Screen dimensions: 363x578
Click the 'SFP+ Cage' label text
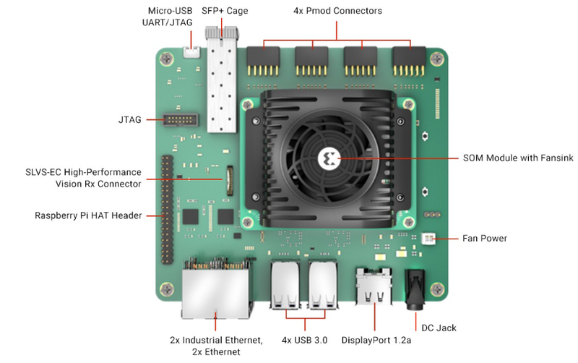coord(225,11)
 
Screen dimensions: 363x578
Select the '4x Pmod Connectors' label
coord(337,11)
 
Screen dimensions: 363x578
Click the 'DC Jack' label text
coord(438,328)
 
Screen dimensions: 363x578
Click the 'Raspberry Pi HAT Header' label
coord(88,215)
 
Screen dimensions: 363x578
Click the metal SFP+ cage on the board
coord(223,83)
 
